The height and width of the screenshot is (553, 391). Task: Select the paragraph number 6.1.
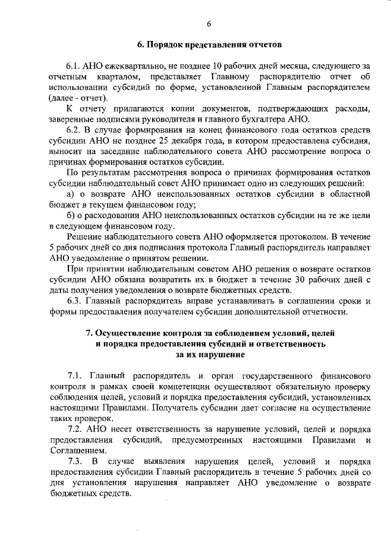pos(75,66)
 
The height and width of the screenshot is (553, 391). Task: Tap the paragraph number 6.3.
pos(75,301)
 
